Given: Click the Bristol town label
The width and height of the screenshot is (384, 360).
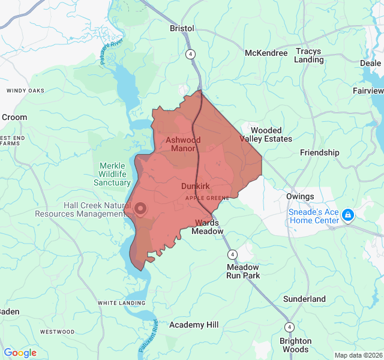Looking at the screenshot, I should [182, 28].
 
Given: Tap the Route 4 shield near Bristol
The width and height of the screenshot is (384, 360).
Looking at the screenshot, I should [190, 53].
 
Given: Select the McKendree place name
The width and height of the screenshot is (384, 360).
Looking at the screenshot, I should [266, 53].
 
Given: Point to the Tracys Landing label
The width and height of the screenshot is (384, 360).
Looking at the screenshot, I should [309, 55].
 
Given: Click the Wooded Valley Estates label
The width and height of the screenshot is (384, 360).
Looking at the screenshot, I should [266, 134].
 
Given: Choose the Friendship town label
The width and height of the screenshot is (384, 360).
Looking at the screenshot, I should [319, 152].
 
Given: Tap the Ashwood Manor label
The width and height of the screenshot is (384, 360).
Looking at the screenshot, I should [183, 144].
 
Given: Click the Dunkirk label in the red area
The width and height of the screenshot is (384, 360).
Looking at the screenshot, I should [195, 187].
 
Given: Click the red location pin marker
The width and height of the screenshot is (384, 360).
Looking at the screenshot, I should [140, 209].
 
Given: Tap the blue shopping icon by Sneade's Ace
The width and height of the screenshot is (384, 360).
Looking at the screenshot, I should [348, 215].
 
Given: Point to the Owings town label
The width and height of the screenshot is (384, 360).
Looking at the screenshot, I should [300, 197].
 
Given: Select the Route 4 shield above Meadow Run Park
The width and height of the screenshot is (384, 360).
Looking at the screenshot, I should [232, 254].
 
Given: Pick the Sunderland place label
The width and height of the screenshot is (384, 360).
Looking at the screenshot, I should [304, 299].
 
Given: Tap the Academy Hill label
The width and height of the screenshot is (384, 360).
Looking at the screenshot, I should [194, 325].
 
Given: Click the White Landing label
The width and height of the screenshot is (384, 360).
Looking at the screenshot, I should [122, 303].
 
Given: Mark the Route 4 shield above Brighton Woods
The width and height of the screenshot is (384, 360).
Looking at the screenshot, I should [289, 327].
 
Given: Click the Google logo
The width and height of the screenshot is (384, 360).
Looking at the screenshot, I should [20, 353].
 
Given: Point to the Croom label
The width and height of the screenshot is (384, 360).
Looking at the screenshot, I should [14, 117].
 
